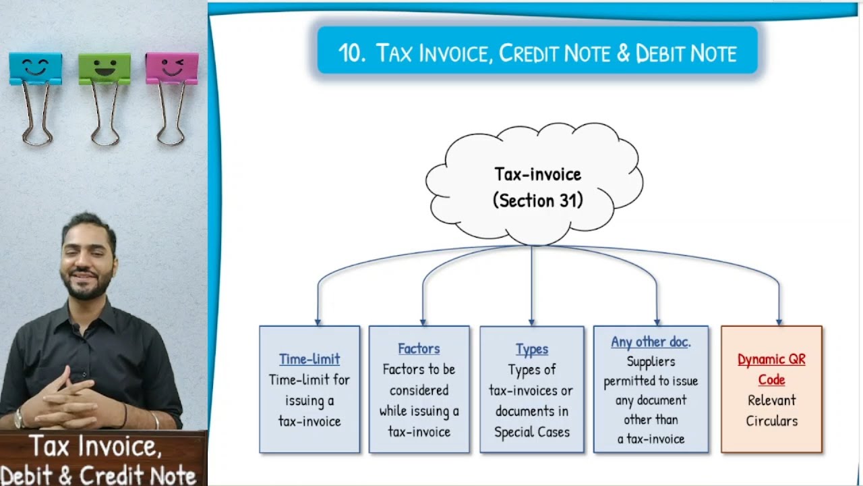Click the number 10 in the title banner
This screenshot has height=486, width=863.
(351, 53)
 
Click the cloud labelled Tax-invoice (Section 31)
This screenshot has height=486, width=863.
(536, 186)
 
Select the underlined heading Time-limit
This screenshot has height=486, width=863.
(309, 359)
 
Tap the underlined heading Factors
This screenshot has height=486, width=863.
(419, 348)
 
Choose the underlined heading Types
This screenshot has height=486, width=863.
(532, 349)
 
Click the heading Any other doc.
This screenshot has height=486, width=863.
(651, 342)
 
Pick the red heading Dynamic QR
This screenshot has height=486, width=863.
(771, 359)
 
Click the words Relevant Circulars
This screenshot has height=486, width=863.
(771, 410)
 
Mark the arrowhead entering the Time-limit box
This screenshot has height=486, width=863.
(318, 322)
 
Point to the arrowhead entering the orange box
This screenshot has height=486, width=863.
(779, 322)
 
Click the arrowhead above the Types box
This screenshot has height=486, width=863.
(532, 322)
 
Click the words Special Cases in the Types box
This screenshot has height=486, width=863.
(532, 432)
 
